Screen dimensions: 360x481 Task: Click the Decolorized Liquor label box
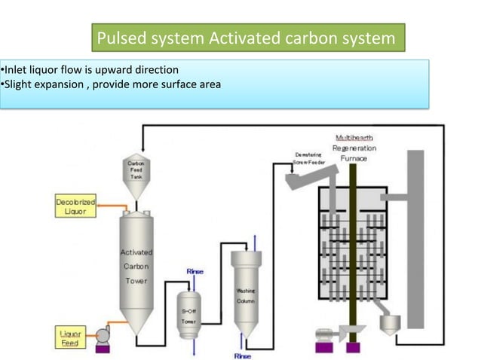(x=75, y=206)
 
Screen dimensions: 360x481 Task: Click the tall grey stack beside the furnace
(x=415, y=241)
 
